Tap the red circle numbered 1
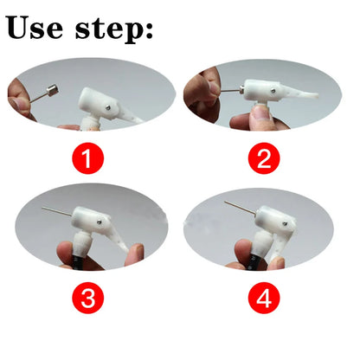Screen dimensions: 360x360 tap(90, 160)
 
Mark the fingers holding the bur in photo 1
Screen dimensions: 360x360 tap(22, 93)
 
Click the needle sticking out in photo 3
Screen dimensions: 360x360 tap(56, 211)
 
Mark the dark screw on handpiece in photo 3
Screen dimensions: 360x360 tap(101, 222)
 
